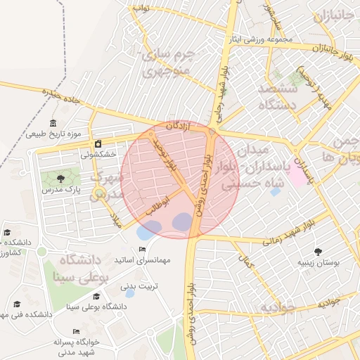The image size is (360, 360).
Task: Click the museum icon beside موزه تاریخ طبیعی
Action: click(54, 123)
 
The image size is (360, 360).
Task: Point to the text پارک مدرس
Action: click(61, 190)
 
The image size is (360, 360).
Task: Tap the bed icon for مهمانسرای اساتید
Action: click(143, 249)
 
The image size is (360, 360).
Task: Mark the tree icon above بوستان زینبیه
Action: click(318, 251)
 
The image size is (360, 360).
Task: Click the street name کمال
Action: click(247, 261)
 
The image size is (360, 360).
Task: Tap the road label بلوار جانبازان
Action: click(336, 52)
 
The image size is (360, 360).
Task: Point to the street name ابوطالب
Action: click(157, 204)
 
